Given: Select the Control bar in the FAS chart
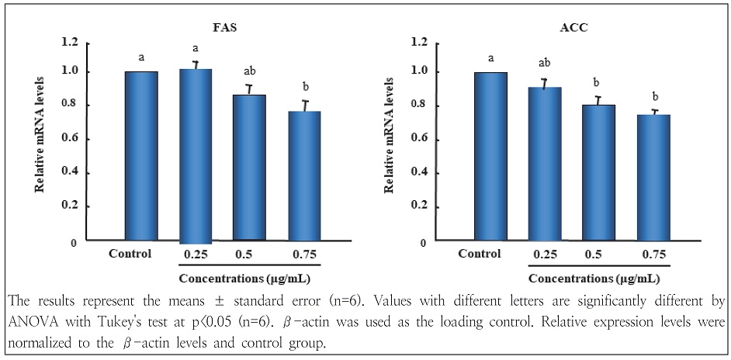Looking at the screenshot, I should [x=141, y=156].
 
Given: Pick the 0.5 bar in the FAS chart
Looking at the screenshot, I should [x=249, y=168].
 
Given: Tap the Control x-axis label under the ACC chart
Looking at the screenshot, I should [x=479, y=254].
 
